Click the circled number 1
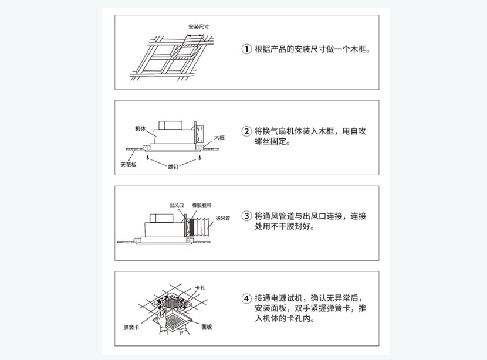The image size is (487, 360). tap(246, 49)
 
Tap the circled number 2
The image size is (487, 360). tap(246, 131)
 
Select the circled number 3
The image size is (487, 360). tap(246, 216)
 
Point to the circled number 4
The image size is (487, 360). tap(246, 298)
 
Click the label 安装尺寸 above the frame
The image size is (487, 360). tap(199, 27)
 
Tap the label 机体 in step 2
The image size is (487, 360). tap(140, 128)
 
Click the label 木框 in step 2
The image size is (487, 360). tap(219, 138)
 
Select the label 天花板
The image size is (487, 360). tap(128, 165)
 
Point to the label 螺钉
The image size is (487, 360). tap(173, 167)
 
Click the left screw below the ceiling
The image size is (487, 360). tap(148, 158)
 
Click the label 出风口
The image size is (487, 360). tap(177, 205)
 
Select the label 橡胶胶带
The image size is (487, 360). tap(202, 205)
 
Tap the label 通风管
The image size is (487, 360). tap(223, 218)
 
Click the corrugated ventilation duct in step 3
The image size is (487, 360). tap(202, 227)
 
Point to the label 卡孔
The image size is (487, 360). tap(200, 288)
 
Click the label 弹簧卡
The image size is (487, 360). tap(131, 327)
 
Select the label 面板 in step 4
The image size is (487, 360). tap(207, 327)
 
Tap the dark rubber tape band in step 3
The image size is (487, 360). tap(191, 227)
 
